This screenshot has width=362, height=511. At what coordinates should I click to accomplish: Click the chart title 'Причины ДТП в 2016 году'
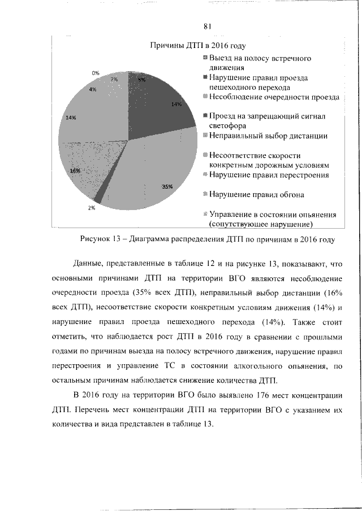pyautogui.click(x=197, y=46)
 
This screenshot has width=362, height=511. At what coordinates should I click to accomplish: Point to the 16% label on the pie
pyautogui.click(x=75, y=170)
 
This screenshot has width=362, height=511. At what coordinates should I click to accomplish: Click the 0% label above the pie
pyautogui.click(x=96, y=73)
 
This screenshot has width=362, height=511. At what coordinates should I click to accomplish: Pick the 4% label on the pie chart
pyautogui.click(x=92, y=89)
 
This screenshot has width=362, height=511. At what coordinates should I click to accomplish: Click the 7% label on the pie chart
pyautogui.click(x=114, y=80)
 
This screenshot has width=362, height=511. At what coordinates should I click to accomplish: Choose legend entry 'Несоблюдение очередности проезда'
pyautogui.click(x=274, y=97)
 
